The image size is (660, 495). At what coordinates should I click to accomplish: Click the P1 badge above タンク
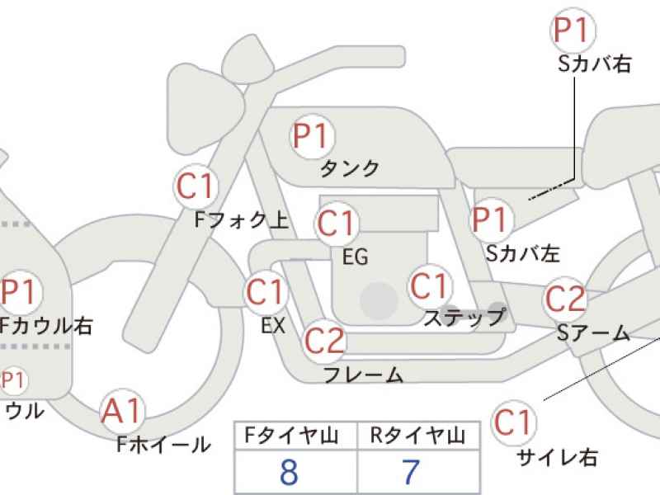pos(311,135)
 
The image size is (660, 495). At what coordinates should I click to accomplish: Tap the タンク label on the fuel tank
pos(350,168)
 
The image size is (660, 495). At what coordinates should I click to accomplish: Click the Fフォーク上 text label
pos(241,219)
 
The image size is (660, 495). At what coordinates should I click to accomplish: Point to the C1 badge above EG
pos(336,223)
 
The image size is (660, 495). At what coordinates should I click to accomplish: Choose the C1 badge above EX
pos(265,292)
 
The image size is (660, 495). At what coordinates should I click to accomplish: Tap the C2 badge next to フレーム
pos(323,339)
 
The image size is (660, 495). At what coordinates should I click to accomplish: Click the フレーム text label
pos(363,375)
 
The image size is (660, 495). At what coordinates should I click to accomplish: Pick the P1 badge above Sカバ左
pos(492,220)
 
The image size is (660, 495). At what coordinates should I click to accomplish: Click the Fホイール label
pos(163,445)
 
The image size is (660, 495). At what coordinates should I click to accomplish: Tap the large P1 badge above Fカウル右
pos(21,291)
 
